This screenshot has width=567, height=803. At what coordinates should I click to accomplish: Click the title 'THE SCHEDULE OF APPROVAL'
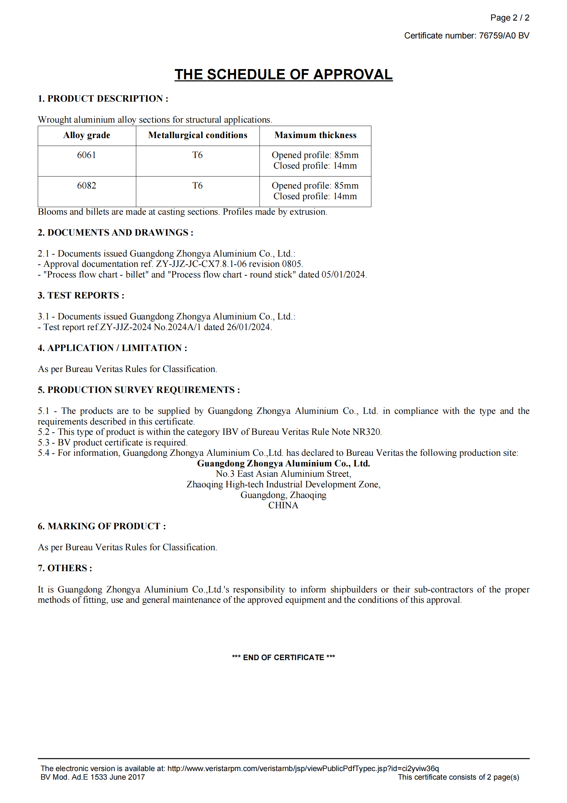[283, 75]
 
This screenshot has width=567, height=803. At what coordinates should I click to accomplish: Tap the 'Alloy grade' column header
[87, 135]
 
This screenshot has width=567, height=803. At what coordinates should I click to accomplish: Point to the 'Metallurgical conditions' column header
[197, 135]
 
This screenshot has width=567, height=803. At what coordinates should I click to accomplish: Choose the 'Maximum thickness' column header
[315, 135]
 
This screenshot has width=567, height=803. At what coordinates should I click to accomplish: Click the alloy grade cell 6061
[87, 155]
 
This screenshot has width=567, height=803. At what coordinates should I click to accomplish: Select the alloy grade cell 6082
[87, 185]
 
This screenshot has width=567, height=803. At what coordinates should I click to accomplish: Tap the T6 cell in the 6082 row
[197, 185]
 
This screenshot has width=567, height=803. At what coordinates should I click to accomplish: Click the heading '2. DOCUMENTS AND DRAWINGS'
[115, 233]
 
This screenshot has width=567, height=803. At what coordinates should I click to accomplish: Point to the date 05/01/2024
[343, 274]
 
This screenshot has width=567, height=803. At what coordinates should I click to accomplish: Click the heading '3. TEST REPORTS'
[81, 295]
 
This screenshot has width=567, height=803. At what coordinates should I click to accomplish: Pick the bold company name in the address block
[283, 463]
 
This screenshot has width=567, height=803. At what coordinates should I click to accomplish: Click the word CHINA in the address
[283, 505]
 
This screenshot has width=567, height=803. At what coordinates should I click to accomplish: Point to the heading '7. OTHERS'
[65, 568]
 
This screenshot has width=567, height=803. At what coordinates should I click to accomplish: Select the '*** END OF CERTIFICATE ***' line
[283, 657]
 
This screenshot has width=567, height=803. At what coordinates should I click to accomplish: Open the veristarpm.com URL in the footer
[303, 768]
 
